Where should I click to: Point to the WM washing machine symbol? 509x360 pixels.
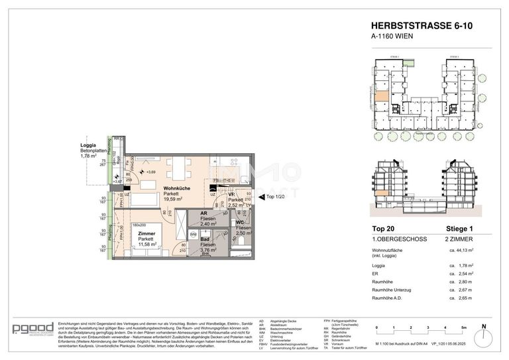(x=193, y=235)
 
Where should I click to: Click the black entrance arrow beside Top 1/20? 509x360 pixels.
(x=260, y=197)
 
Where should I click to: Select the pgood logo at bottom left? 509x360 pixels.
(x=30, y=330)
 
